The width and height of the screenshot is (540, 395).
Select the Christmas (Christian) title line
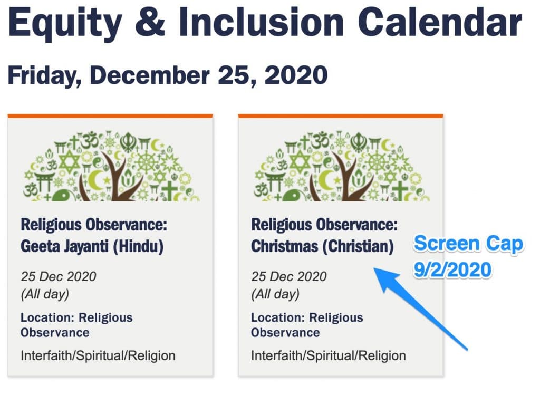pyautogui.click(x=322, y=246)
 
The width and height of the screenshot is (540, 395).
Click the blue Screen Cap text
pyautogui.click(x=468, y=244)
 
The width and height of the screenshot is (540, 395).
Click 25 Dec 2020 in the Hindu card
pyautogui.click(x=59, y=276)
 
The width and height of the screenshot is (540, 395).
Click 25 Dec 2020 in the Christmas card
pyautogui.click(x=288, y=276)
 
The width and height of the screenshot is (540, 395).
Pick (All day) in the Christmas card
pyautogui.click(x=275, y=294)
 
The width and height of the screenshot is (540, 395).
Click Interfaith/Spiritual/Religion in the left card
pyautogui.click(x=98, y=355)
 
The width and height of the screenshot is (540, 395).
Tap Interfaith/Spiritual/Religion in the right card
pyautogui.click(x=328, y=355)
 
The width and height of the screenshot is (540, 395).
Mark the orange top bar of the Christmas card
pyautogui.click(x=341, y=115)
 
